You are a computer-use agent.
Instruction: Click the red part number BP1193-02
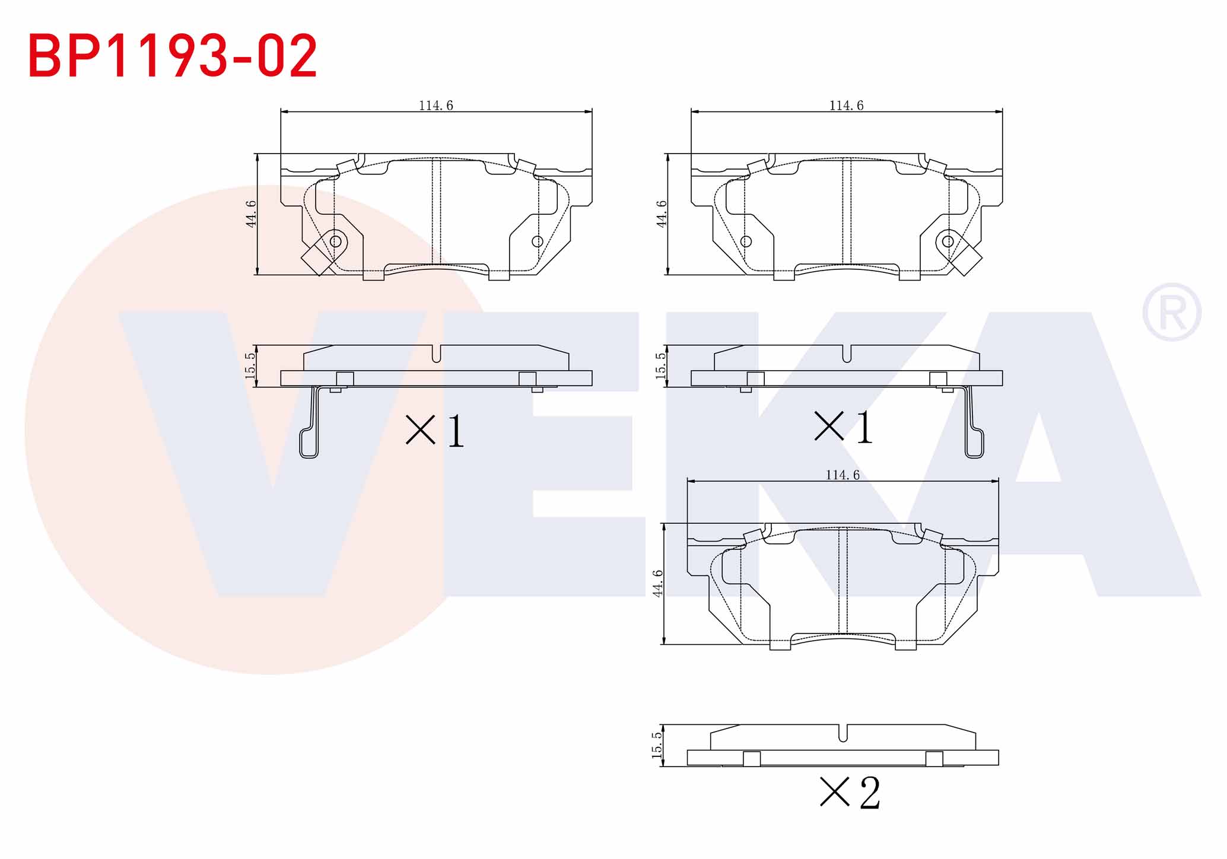[173, 56]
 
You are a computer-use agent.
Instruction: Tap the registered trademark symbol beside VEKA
[1172, 313]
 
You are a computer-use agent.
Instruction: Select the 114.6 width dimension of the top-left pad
[436, 106]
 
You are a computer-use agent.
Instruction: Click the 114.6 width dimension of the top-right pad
[846, 106]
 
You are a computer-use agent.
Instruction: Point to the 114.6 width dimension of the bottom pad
[843, 475]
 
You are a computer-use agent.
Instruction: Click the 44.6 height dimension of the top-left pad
[251, 214]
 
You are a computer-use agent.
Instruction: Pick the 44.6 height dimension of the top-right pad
[662, 214]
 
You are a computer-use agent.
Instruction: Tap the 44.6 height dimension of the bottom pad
[657, 583]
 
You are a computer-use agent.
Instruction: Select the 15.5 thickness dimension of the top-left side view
[250, 365]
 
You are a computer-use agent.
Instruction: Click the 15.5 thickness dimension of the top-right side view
[660, 365]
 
